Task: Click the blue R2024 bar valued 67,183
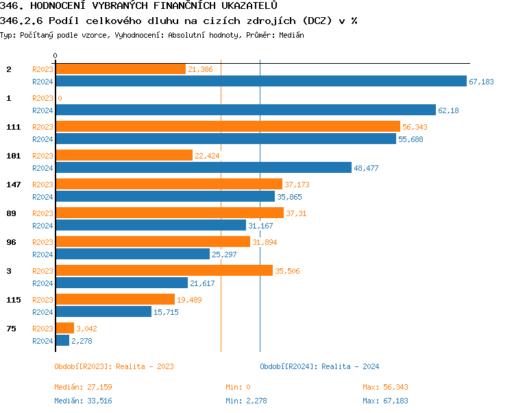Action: tap(260, 82)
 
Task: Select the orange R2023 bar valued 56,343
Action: tap(227, 126)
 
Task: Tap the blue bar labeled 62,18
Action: tap(245, 110)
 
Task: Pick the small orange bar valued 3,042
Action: tap(64, 328)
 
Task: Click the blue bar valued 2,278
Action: tap(62, 340)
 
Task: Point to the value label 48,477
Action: tap(365, 168)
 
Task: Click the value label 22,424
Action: tap(207, 156)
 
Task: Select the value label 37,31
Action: tap(297, 213)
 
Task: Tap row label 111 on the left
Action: tap(13, 127)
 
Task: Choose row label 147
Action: tap(13, 185)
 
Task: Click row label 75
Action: tap(11, 329)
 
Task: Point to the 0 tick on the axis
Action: tap(56, 56)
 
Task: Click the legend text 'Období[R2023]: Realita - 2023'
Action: tap(114, 366)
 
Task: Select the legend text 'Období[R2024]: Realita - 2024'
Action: tap(319, 366)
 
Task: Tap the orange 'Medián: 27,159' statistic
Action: tap(83, 388)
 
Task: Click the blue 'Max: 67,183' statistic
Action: tap(385, 401)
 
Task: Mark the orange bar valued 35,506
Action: tap(164, 270)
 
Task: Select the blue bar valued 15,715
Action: tap(103, 311)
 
